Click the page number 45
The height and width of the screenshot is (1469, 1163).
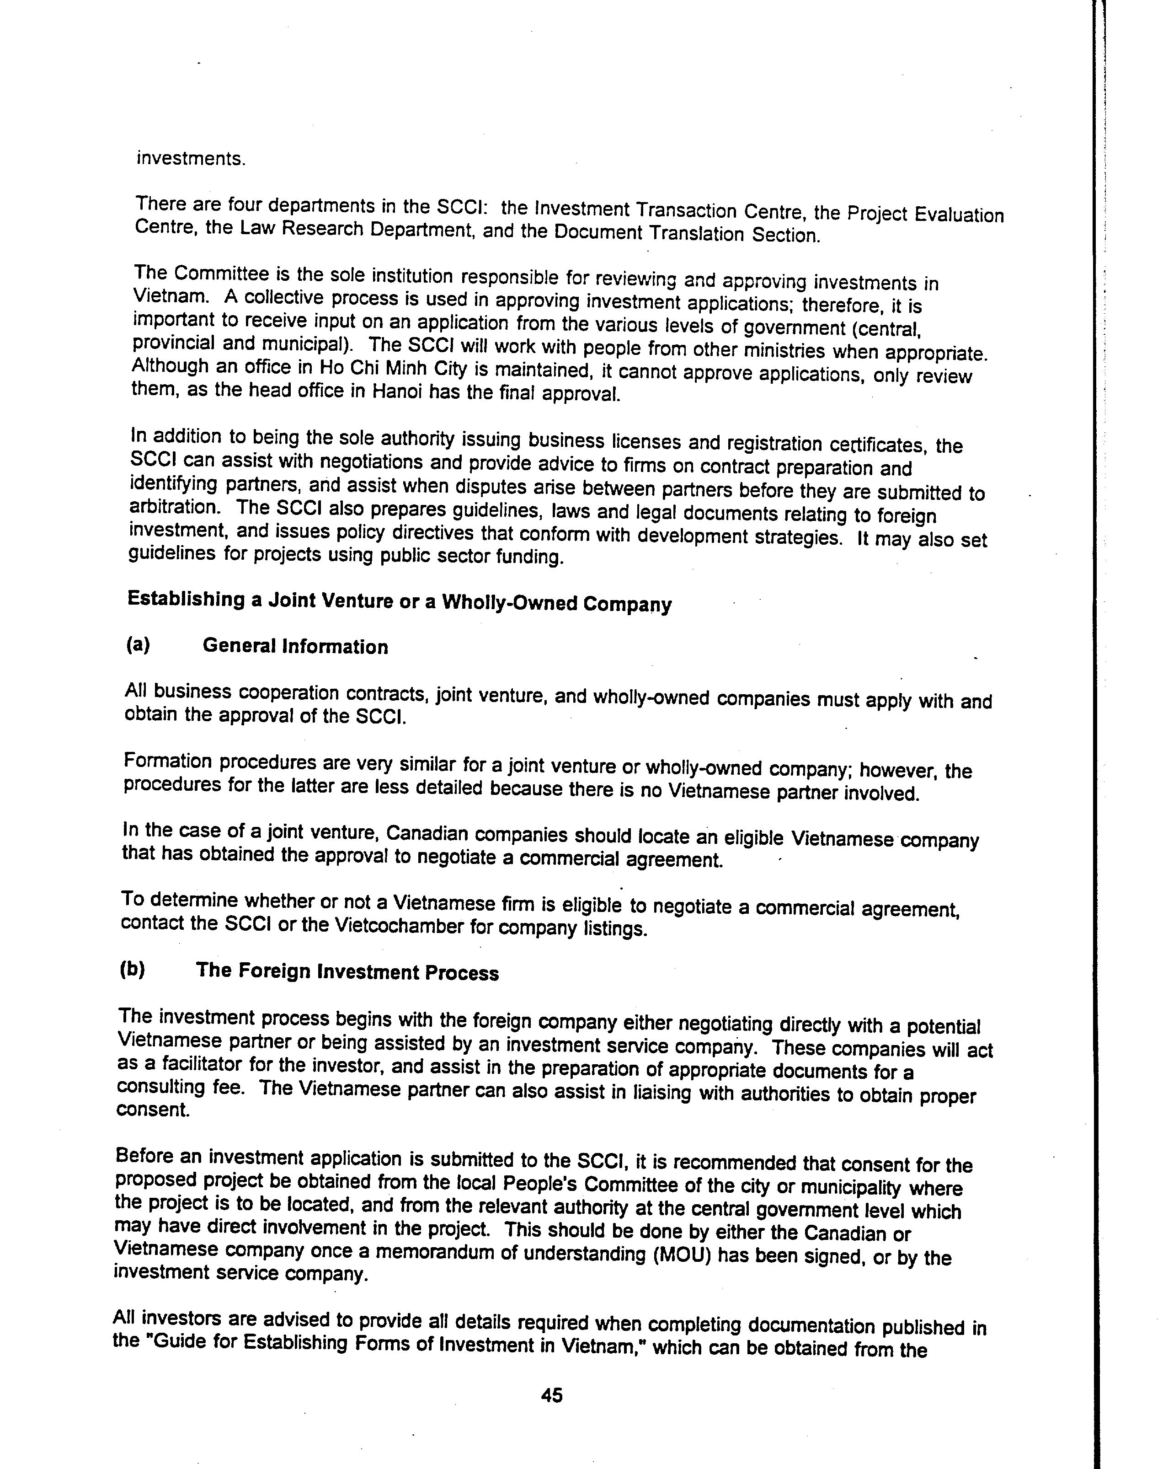[x=551, y=1395]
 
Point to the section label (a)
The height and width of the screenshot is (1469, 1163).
[x=138, y=644]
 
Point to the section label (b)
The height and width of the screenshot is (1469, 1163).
[x=133, y=969]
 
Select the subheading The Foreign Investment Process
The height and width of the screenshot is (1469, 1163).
[x=347, y=972]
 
